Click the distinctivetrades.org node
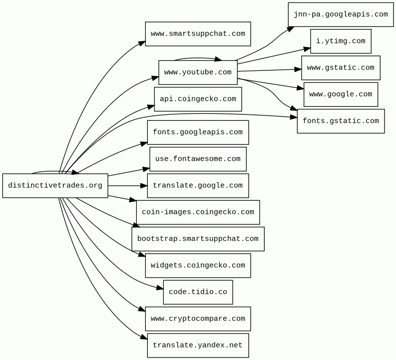point(55,186)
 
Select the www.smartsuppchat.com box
point(198,34)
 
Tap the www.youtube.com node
point(198,72)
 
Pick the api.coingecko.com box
point(198,99)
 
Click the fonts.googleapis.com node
point(198,132)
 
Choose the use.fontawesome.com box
point(198,159)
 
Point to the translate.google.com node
point(198,186)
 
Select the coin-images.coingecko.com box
point(198,212)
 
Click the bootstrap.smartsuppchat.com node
point(198,239)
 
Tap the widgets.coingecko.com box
point(198,266)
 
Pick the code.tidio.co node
point(198,292)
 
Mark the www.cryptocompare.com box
point(198,319)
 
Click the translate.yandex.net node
point(198,346)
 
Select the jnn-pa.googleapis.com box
point(341,14)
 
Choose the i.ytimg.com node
point(341,41)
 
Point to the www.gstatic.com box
point(341,68)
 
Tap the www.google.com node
point(341,94)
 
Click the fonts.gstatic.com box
point(341,121)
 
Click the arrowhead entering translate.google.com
point(144,186)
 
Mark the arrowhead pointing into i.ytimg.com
point(307,49)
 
